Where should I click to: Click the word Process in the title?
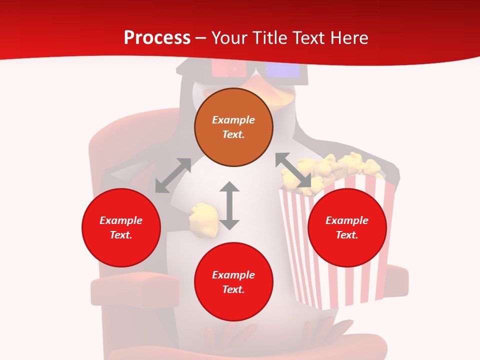157,38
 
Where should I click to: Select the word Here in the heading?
348,38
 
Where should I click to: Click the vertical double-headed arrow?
229,205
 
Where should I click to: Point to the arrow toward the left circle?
173,175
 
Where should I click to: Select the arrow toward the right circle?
293,170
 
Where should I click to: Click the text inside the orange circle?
233,127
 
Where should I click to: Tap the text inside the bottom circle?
233,282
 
